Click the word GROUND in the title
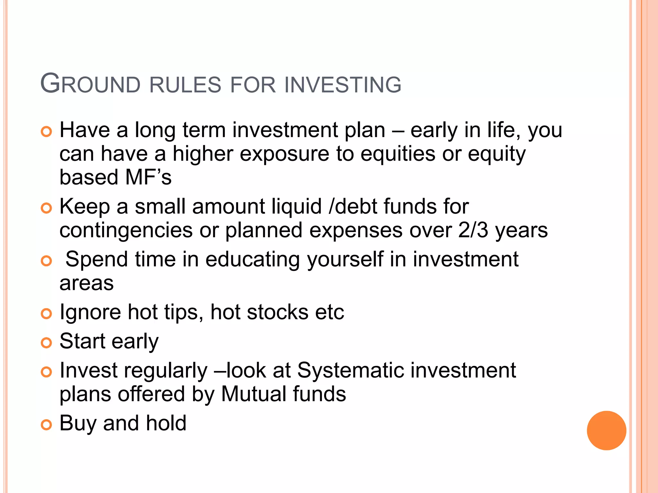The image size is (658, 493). click(90, 84)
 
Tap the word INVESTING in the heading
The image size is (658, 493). click(343, 85)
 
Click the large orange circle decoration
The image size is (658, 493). click(606, 430)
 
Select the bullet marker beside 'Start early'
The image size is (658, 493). click(47, 343)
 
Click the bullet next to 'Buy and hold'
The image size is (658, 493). click(47, 425)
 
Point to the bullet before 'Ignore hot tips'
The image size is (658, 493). click(47, 314)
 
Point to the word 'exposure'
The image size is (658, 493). click(284, 154)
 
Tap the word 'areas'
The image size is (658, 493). click(87, 283)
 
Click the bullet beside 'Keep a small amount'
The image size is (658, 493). click(47, 208)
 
